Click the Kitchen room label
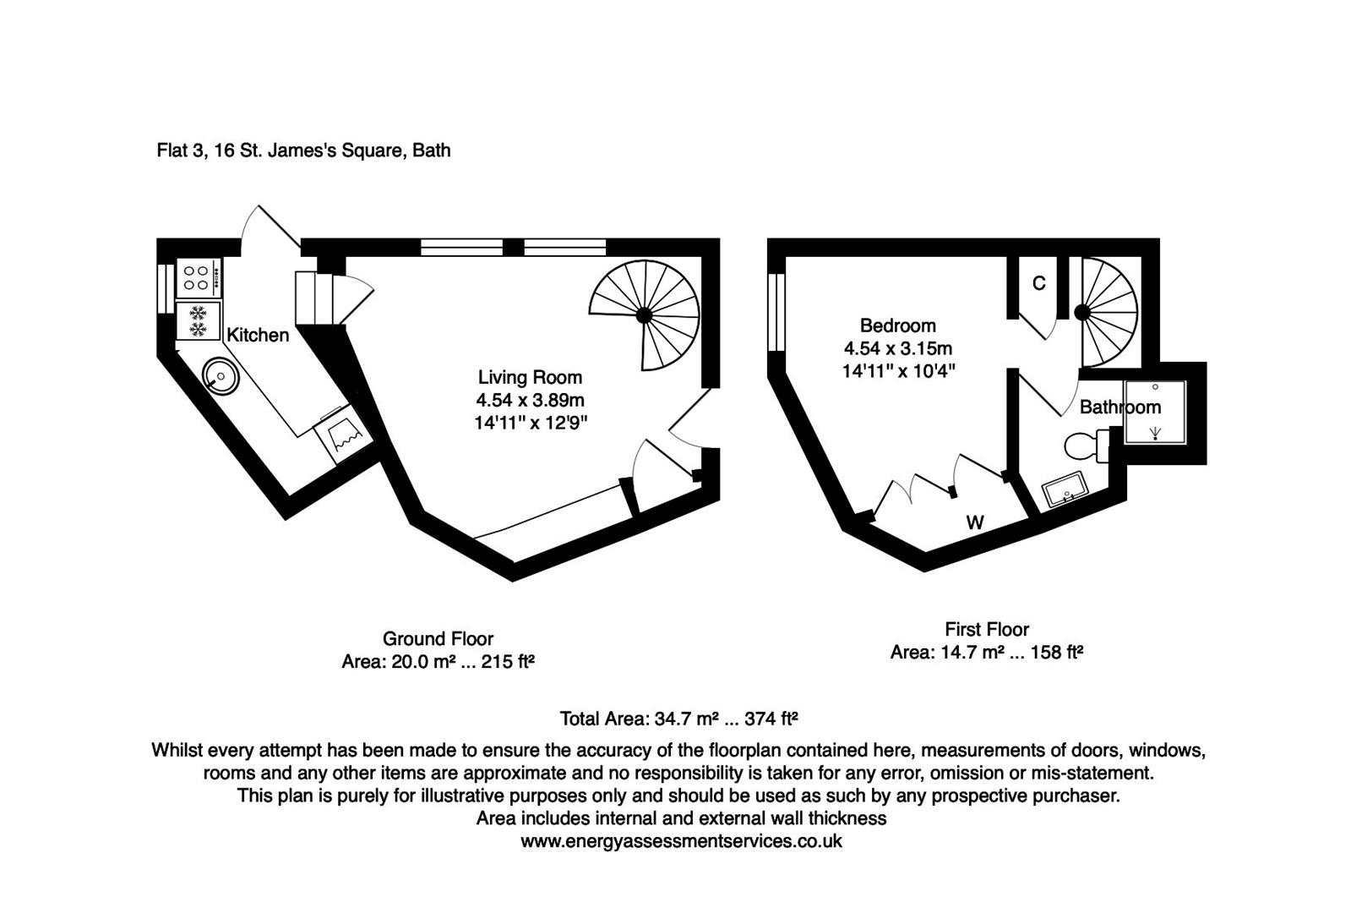tap(258, 335)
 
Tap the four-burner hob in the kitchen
tap(198, 279)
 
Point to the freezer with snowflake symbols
tap(198, 320)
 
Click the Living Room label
tap(530, 377)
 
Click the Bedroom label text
tap(897, 325)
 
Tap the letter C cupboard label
tap(1039, 283)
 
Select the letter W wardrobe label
tap(975, 522)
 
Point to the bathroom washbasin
tap(1062, 490)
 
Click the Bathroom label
tap(1119, 407)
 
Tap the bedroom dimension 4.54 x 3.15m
tap(897, 348)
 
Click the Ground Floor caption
tap(438, 639)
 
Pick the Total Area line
tap(678, 719)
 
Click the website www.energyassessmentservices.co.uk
tap(681, 841)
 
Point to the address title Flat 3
tap(303, 150)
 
